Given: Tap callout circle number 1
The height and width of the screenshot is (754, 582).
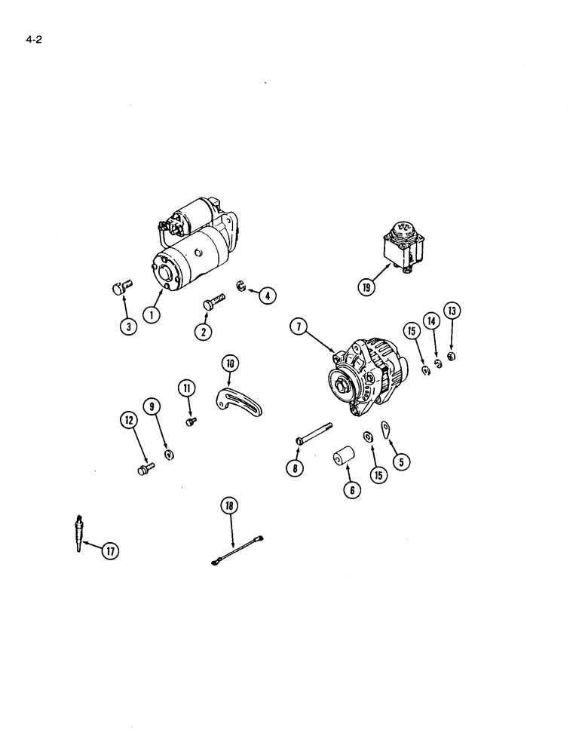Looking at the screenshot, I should point(154,315).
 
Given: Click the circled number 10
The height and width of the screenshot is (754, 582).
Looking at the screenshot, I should point(230,364).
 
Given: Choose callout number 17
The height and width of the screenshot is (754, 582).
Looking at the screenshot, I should point(109,551).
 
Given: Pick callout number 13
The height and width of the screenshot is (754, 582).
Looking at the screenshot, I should point(452,311).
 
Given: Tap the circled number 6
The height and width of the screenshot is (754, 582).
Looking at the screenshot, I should point(352,489).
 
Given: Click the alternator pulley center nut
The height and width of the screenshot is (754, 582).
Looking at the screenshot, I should point(343,387).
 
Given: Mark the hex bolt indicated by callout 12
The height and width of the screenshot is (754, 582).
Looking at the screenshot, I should point(142,470).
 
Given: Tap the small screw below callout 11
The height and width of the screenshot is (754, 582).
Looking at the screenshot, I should point(191,420).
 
